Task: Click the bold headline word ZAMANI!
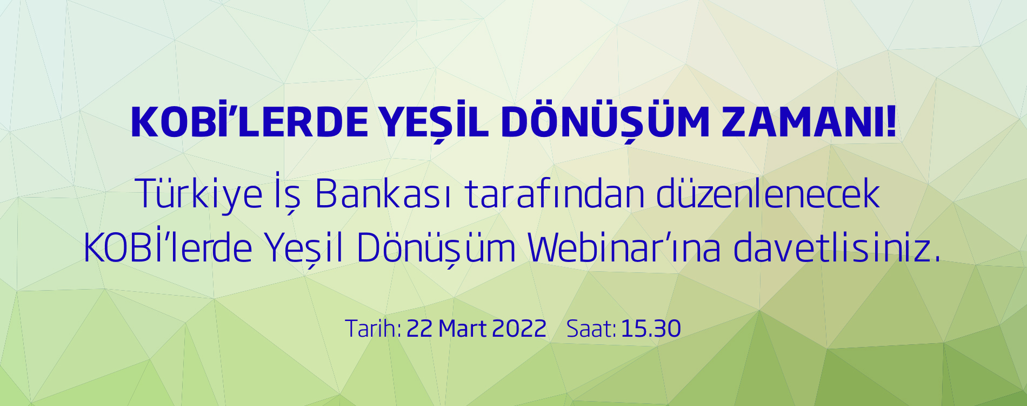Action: click(809, 122)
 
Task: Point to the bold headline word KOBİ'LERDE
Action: click(249, 122)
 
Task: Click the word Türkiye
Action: click(199, 194)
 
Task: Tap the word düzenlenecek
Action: click(768, 194)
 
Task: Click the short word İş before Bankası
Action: click(287, 194)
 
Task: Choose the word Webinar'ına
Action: click(624, 248)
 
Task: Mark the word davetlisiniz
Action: click(837, 248)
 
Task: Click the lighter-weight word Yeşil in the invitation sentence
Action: click(305, 248)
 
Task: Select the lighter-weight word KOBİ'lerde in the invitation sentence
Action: click(168, 248)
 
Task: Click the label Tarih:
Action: click(373, 329)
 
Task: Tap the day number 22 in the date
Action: click(419, 329)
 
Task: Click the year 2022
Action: click(519, 329)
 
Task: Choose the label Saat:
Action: click(591, 329)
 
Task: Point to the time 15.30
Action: click(651, 329)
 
